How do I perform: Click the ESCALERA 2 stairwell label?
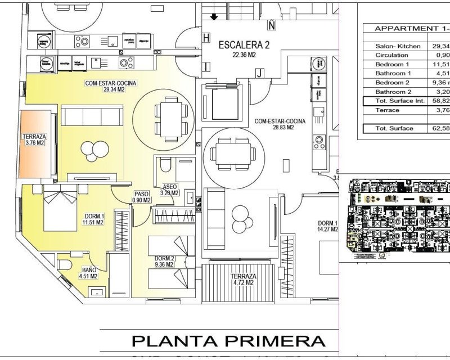click(x=244, y=49)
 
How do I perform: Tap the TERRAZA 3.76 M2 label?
click(x=34, y=139)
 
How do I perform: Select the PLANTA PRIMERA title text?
click(x=228, y=341)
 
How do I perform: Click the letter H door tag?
click(x=206, y=38)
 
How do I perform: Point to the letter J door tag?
click(x=259, y=73)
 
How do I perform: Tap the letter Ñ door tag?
click(x=272, y=25)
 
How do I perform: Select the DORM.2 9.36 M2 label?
click(x=164, y=262)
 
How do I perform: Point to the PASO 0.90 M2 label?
click(x=142, y=197)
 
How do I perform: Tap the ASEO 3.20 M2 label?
click(x=169, y=190)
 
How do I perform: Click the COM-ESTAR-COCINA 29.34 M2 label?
click(x=111, y=86)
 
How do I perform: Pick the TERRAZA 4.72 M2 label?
click(x=243, y=280)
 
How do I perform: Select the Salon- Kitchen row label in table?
click(x=398, y=46)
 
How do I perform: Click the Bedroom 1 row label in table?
click(x=392, y=64)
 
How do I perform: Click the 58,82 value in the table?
click(x=440, y=101)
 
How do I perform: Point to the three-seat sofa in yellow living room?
click(x=92, y=116)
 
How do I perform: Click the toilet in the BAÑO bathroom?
click(x=63, y=264)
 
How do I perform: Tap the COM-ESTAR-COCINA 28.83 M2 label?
click(x=280, y=124)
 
